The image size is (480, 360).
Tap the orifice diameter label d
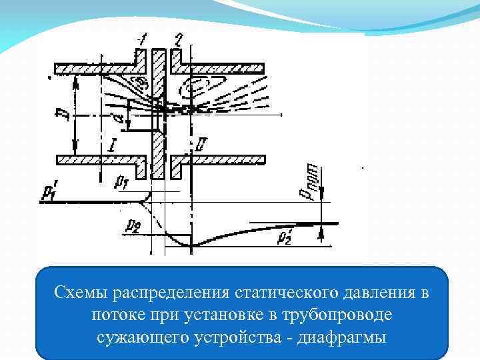(118, 119)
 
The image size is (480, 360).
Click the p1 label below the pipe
(121, 181)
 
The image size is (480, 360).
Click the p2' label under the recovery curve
(285, 236)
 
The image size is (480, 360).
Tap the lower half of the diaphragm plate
(159, 153)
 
